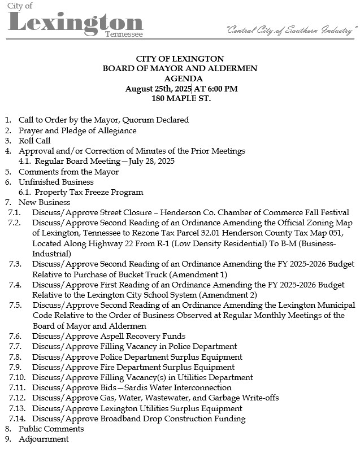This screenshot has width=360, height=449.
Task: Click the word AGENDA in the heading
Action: [x=180, y=79]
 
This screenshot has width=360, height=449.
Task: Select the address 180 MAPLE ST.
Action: [x=180, y=98]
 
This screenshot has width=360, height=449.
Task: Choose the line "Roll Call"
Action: [x=34, y=141]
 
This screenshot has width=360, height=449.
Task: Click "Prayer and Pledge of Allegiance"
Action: [x=77, y=130]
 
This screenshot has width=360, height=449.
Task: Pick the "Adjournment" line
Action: [x=44, y=439]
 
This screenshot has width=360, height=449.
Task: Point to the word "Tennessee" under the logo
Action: [x=124, y=35]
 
